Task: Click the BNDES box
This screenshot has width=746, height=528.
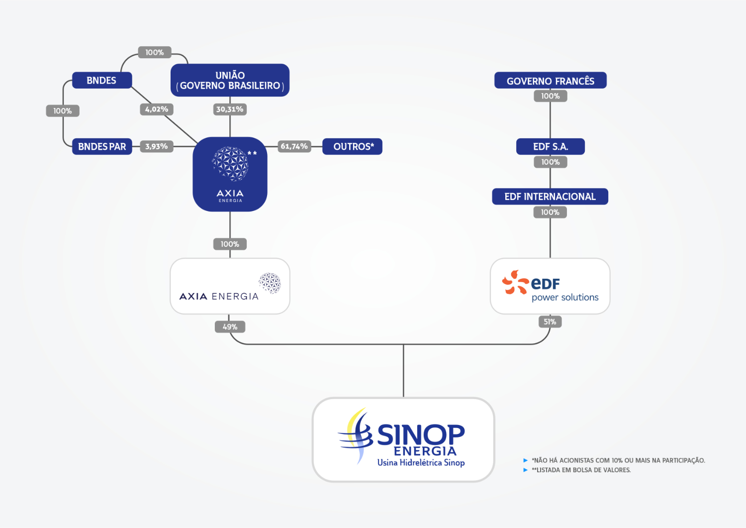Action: tap(101, 80)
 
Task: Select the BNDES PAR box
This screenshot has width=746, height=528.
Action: tap(102, 146)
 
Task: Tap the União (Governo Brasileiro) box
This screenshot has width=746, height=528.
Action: tap(230, 80)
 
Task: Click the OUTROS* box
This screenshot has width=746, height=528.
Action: tap(352, 146)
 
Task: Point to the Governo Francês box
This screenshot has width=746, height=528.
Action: tap(550, 81)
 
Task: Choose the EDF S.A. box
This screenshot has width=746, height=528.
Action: tap(550, 146)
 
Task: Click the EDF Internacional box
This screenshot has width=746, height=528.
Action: tap(550, 197)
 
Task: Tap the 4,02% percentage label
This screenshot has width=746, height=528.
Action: tap(157, 109)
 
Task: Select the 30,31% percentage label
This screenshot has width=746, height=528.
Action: tap(230, 109)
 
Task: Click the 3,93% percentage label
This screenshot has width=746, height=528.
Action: tap(157, 146)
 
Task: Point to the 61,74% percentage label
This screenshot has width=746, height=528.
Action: tap(294, 146)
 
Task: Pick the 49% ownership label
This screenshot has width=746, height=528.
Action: tap(230, 327)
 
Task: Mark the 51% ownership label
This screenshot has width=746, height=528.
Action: tap(550, 321)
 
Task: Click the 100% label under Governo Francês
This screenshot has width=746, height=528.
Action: tap(550, 96)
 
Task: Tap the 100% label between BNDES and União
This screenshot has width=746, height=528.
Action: tap(154, 52)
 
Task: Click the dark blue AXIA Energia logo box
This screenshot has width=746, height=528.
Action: tap(230, 174)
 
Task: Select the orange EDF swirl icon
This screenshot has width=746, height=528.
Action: tap(515, 282)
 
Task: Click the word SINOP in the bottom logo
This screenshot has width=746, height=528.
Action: tap(421, 434)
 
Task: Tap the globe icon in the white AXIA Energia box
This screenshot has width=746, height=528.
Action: tap(270, 283)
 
